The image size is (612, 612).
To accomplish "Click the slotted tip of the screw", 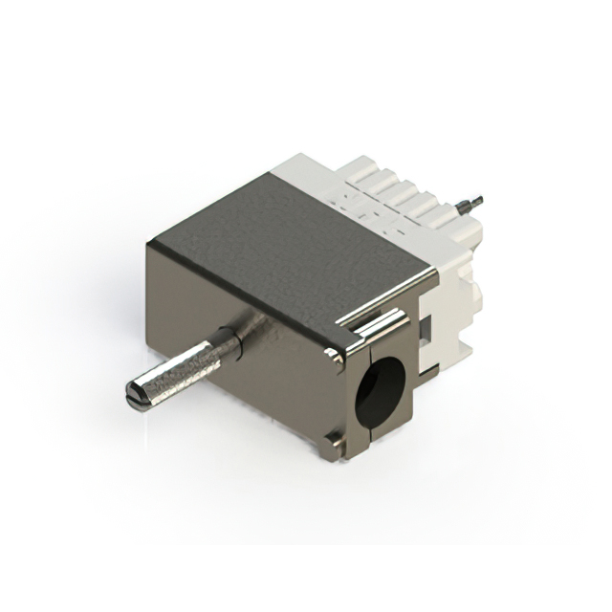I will pos(135,394).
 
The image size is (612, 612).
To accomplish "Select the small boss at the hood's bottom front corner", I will pos(332,439).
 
